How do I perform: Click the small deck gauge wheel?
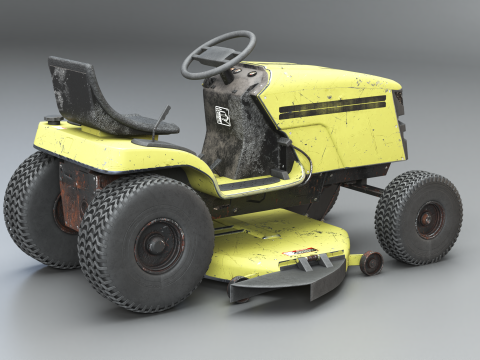[371, 263]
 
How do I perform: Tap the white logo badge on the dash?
[222, 112]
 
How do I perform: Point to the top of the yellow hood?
[320, 78]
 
